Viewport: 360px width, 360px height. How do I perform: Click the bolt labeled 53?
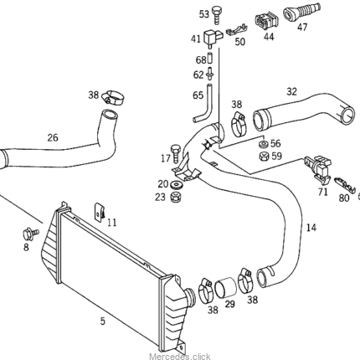click(216, 15)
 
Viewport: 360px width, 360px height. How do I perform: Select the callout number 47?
click(302, 27)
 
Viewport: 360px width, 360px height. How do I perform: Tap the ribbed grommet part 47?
click(301, 12)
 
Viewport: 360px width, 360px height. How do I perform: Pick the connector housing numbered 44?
click(266, 21)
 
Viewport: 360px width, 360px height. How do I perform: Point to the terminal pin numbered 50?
click(237, 30)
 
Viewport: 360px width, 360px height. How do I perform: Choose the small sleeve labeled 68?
click(210, 59)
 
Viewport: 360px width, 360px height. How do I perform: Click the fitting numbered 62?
click(210, 74)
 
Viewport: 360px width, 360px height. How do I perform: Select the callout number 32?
click(291, 91)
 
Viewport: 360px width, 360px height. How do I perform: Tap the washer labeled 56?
click(263, 145)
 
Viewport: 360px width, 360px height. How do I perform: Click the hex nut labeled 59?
click(263, 156)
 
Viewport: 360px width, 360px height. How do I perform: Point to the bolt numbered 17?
click(176, 153)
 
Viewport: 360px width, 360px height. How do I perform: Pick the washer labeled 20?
click(176, 184)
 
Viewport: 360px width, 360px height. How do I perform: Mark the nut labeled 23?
click(176, 197)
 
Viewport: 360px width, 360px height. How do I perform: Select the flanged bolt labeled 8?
click(31, 234)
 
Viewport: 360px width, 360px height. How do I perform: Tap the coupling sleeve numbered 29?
click(225, 287)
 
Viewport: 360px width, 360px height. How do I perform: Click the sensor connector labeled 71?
click(318, 169)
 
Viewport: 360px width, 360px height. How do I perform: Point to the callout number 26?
click(53, 137)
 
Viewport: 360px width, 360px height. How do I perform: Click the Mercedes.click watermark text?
click(180, 357)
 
